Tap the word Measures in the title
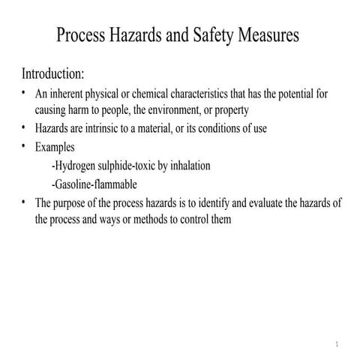268,35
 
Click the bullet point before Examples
25,145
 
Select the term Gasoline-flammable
94,184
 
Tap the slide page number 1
337,345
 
